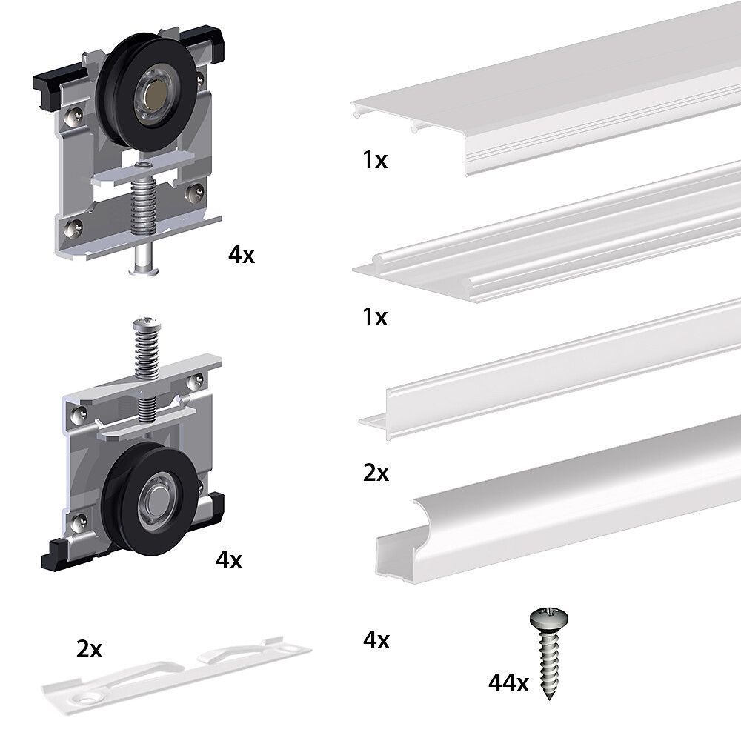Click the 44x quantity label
(x=508, y=682)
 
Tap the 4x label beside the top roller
(x=242, y=255)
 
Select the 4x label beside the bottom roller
(x=229, y=560)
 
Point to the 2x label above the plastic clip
(x=90, y=649)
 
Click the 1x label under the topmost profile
(x=375, y=160)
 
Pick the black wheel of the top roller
(x=146, y=92)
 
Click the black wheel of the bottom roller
(x=147, y=499)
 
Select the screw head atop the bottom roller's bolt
(x=146, y=325)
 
